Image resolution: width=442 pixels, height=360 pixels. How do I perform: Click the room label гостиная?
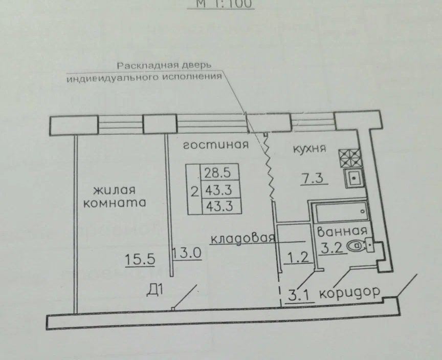pyautogui.click(x=215, y=145)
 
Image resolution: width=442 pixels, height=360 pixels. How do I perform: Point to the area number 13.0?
pyautogui.click(x=187, y=252)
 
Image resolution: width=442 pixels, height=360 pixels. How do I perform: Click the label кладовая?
pyautogui.click(x=243, y=238)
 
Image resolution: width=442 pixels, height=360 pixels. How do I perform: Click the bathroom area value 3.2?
pyautogui.click(x=331, y=248)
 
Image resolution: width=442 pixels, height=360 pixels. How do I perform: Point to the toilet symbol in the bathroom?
pyautogui.click(x=356, y=246)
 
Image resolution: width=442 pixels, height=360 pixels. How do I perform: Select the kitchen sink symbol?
pyautogui.click(x=353, y=179)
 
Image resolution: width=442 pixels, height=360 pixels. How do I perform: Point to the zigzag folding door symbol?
pyautogui.click(x=268, y=165)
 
